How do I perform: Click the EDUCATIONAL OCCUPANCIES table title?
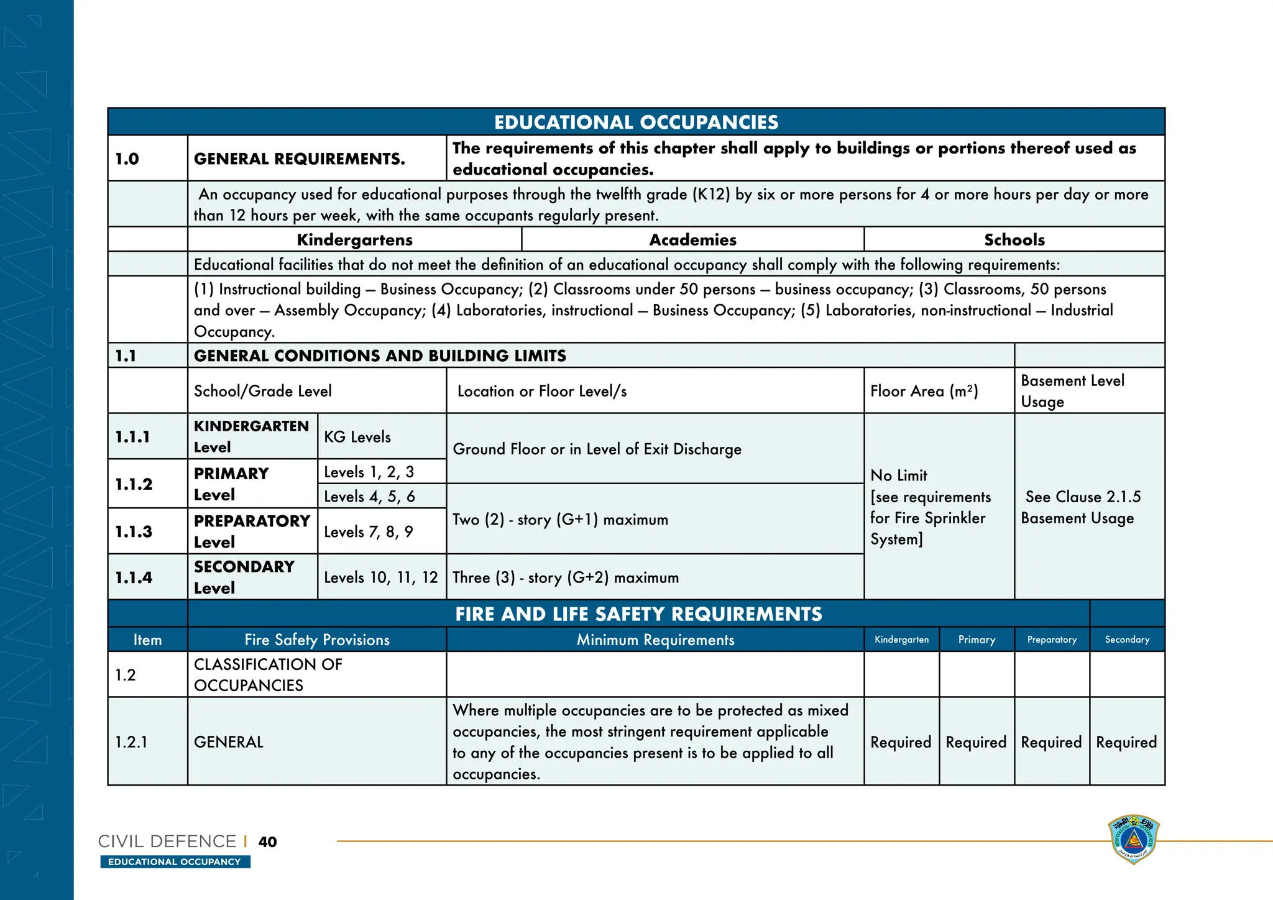(636, 122)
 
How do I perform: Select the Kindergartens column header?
(354, 239)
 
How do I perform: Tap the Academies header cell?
(692, 239)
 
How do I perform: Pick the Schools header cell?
(1014, 239)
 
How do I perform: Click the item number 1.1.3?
(134, 531)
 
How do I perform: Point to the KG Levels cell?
(357, 436)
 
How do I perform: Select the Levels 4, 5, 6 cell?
(369, 496)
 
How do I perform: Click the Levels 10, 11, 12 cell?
(381, 577)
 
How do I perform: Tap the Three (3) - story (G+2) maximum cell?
(566, 577)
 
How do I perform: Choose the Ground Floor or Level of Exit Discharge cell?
(597, 449)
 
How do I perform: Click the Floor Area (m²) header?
(924, 391)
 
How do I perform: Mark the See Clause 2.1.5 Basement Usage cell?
(1082, 507)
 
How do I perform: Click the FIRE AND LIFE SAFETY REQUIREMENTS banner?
(638, 614)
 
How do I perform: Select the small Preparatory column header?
(1052, 640)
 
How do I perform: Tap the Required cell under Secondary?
(1126, 742)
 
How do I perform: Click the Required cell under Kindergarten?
(901, 742)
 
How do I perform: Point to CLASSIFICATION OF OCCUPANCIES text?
(268, 674)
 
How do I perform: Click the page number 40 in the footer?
(267, 842)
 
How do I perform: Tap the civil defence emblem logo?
(1133, 840)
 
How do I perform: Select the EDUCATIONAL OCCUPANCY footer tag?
(175, 861)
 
